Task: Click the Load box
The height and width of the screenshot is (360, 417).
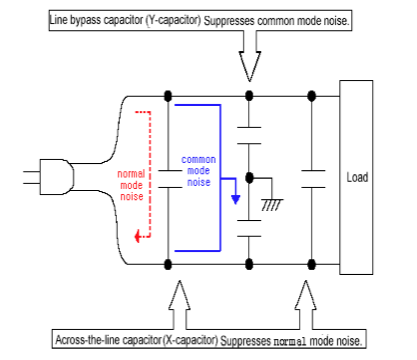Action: pos(356,177)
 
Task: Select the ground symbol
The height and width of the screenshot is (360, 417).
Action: pos(272,204)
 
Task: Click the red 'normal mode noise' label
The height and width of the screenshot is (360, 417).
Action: pos(131,185)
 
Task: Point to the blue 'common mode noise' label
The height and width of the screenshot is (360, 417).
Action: pos(199,171)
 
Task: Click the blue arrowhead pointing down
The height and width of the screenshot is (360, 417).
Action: pos(236,199)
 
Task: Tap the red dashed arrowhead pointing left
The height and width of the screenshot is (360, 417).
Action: pos(137,236)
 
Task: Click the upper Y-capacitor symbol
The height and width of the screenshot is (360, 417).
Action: pos(249,135)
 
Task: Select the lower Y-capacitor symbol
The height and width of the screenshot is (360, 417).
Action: pos(249,228)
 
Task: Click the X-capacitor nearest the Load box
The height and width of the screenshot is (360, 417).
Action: pos(313,179)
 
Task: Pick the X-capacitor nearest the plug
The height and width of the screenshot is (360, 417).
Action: pos(170,179)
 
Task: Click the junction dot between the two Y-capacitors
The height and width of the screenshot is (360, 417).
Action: pos(249,178)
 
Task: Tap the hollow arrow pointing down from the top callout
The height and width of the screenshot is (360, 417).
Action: pos(250,56)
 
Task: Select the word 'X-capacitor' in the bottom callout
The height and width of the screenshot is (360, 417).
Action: pos(191,340)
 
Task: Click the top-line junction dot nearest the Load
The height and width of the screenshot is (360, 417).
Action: pos(311,96)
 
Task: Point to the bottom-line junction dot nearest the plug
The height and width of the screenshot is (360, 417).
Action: pos(168,265)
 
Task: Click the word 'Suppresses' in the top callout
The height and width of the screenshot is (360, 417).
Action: pos(229,21)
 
